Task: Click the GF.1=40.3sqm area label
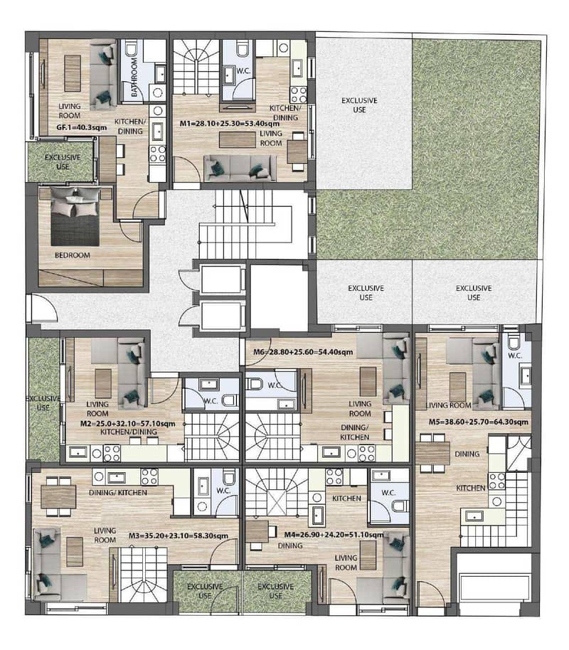point(81,127)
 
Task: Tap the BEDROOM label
point(72,255)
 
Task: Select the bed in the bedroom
point(75,216)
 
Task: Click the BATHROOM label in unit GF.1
point(134,77)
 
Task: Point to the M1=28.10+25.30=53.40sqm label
point(229,124)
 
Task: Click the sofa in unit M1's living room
point(240,168)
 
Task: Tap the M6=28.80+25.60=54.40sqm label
point(303,352)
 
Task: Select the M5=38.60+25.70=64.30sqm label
point(479,422)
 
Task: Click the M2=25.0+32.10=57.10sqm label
point(128,424)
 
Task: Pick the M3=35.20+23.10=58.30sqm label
point(179,536)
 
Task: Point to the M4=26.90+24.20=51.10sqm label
point(334,535)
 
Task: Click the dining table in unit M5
point(432,454)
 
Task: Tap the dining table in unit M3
point(58,496)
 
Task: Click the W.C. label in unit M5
point(515,356)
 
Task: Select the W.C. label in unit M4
point(388,492)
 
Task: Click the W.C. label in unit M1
point(243,71)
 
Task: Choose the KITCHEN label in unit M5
point(471,488)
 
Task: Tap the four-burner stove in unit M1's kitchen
point(298,95)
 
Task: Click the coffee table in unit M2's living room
point(103,383)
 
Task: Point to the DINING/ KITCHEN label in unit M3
point(118,492)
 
